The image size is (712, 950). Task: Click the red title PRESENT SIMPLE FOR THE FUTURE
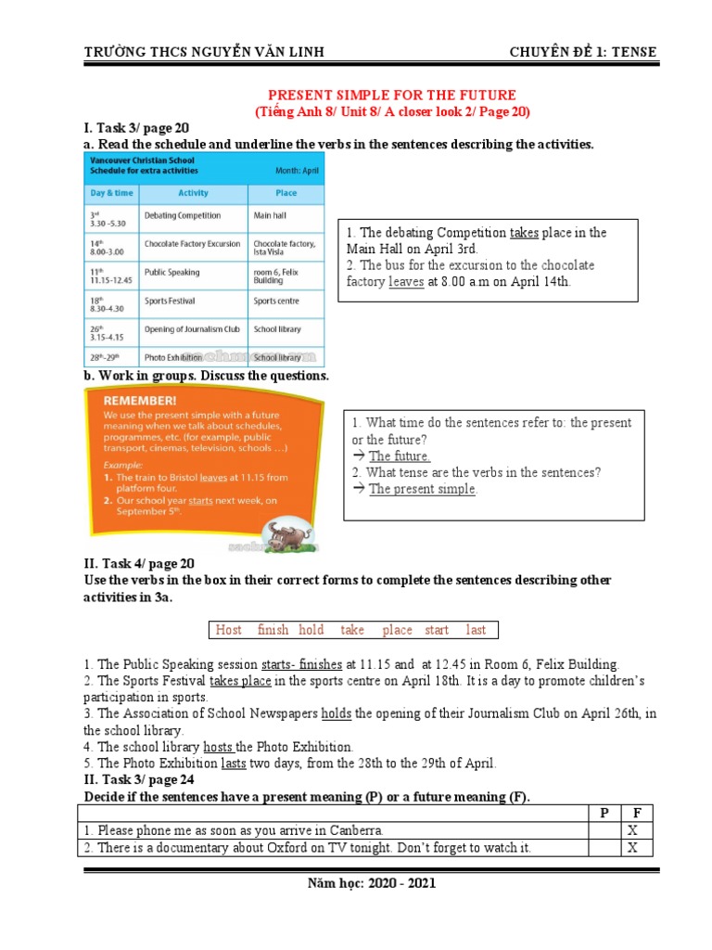tap(391, 96)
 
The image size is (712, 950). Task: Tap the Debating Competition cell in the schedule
tap(183, 215)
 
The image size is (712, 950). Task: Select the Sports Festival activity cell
tap(170, 301)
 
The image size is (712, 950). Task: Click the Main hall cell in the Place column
tap(271, 215)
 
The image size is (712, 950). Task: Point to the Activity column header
tap(193, 193)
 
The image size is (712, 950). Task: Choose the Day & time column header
tap(111, 193)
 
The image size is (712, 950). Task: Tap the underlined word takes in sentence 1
tap(525, 233)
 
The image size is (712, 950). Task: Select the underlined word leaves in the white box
tap(406, 281)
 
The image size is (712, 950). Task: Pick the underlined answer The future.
tap(400, 456)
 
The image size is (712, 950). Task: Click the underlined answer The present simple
tap(423, 489)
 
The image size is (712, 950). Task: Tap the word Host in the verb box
tap(228, 630)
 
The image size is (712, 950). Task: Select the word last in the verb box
tap(476, 630)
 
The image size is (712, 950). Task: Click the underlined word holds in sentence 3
tap(337, 713)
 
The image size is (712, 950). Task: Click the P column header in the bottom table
tap(604, 813)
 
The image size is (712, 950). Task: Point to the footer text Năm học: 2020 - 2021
tap(371, 883)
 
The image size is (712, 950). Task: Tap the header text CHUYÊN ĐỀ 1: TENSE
tap(583, 52)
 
